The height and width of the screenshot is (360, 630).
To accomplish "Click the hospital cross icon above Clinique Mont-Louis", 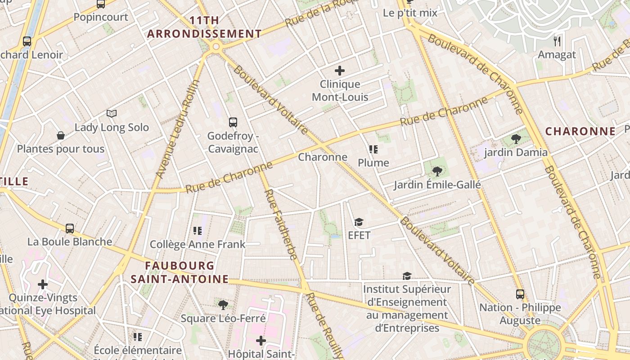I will tap(340, 70).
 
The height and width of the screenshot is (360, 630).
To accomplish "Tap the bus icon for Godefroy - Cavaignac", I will tap(233, 121).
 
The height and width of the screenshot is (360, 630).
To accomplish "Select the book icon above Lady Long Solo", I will tap(112, 113).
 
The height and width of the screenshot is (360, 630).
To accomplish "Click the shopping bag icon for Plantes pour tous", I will tap(60, 135).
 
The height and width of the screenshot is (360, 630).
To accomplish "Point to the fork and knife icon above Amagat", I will tap(558, 41).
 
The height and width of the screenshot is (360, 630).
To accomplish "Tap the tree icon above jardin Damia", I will tap(516, 139).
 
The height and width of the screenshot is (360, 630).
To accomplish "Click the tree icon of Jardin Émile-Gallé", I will tap(436, 171).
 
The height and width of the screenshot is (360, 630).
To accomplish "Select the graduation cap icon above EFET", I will tap(359, 222).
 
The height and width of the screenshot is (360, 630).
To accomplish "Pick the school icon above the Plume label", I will tap(373, 149).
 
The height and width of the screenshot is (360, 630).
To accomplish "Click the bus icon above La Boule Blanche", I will tap(70, 228).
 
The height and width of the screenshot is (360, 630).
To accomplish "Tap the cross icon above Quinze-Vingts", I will tap(43, 284).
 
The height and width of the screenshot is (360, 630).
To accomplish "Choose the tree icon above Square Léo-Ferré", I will tap(223, 305).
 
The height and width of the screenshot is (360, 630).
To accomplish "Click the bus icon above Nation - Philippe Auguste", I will tap(520, 294).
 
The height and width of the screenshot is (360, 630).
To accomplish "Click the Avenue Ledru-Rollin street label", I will tap(177, 129).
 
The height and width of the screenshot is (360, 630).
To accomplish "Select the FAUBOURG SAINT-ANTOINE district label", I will tap(180, 272).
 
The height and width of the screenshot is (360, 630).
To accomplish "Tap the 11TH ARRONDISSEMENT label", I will tap(205, 27).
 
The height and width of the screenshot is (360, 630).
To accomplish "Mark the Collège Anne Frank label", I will tap(198, 244).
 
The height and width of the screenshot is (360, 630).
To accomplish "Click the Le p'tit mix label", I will tap(410, 13).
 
